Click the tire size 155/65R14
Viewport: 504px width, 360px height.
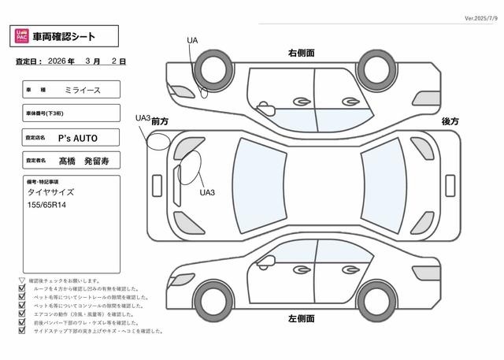click(x=48, y=205)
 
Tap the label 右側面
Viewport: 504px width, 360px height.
click(x=302, y=52)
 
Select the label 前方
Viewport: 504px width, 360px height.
click(x=161, y=121)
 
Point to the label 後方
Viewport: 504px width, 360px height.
click(x=450, y=121)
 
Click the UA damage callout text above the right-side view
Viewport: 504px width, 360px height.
click(x=192, y=40)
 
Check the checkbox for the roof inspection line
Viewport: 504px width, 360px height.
click(x=21, y=289)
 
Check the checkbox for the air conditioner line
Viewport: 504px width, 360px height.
click(x=21, y=314)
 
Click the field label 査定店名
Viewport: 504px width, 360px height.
click(x=37, y=137)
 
